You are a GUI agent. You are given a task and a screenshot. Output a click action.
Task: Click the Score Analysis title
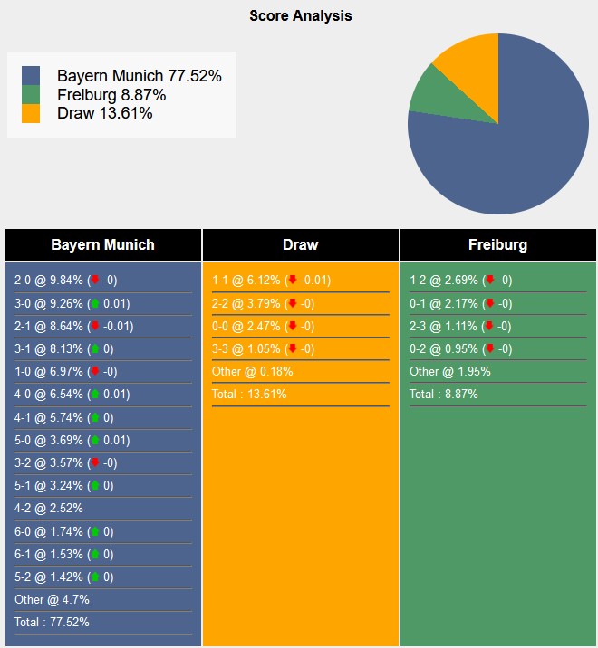click(301, 16)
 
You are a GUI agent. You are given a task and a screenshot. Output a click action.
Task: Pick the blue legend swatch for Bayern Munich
click(31, 76)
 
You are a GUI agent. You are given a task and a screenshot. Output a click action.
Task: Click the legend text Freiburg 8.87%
click(111, 95)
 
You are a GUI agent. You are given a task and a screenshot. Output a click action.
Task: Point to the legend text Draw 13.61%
click(104, 113)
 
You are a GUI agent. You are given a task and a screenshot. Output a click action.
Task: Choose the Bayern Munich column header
click(102, 245)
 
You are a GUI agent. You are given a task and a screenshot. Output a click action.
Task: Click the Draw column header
click(300, 245)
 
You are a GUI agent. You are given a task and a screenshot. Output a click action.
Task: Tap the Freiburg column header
click(497, 245)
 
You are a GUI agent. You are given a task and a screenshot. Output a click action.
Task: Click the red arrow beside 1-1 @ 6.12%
click(291, 281)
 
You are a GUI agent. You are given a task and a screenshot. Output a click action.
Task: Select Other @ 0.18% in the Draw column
click(253, 371)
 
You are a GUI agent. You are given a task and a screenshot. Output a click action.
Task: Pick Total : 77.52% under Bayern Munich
click(52, 622)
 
